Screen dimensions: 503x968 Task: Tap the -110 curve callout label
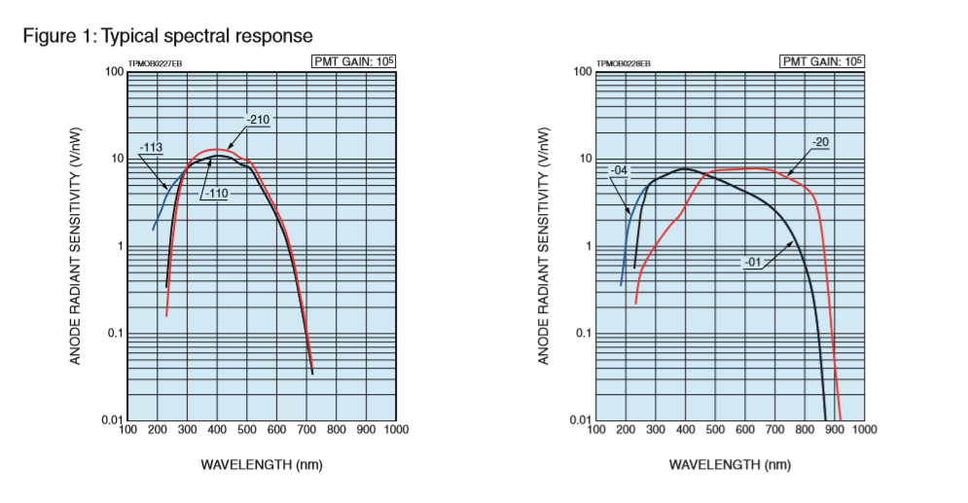pyautogui.click(x=216, y=194)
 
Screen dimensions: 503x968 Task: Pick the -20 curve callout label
pyautogui.click(x=820, y=141)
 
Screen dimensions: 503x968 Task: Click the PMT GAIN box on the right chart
pyautogui.click(x=822, y=61)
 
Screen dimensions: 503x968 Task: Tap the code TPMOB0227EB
pyautogui.click(x=155, y=63)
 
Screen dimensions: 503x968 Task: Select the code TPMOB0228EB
pyautogui.click(x=624, y=63)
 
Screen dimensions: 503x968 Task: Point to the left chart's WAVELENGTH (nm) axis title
pyautogui.click(x=261, y=464)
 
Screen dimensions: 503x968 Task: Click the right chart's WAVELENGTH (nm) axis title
pyautogui.click(x=730, y=464)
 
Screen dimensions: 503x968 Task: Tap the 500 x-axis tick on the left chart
pyautogui.click(x=247, y=429)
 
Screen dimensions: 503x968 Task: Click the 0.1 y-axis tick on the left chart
pyautogui.click(x=114, y=334)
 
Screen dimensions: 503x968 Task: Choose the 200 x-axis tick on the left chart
pyautogui.click(x=158, y=429)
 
